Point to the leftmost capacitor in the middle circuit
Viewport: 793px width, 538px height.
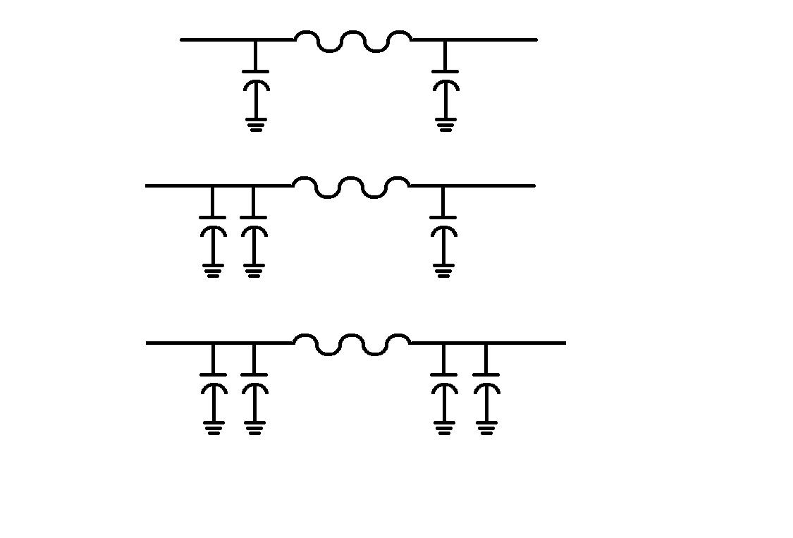212,224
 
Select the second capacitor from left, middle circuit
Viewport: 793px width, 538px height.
254,224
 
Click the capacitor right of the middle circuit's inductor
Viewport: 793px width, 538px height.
443,224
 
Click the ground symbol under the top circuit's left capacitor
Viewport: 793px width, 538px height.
255,126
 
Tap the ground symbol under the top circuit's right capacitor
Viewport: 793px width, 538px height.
445,126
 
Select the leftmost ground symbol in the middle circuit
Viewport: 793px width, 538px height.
212,270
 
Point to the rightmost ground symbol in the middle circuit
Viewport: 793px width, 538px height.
443,270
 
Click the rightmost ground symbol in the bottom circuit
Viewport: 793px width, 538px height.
486,427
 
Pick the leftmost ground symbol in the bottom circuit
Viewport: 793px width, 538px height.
213,427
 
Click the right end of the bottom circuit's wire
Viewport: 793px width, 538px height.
563,343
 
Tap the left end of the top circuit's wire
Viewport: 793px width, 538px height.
183,39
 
